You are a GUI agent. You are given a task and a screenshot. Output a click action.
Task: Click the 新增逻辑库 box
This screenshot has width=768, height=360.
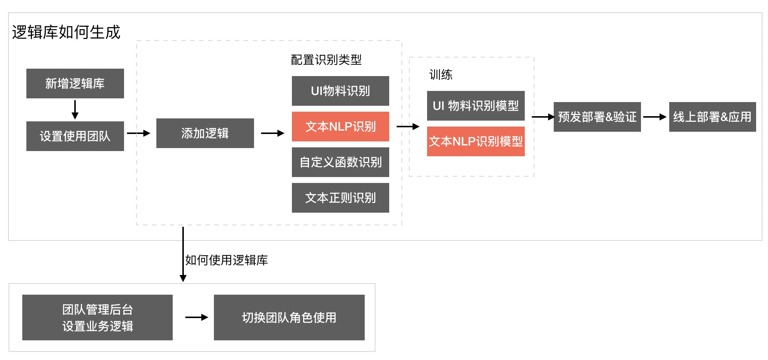tap(75, 84)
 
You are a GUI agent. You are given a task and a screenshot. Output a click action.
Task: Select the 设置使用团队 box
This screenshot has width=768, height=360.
tap(75, 136)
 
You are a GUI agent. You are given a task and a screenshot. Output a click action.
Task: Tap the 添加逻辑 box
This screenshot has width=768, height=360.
tap(205, 133)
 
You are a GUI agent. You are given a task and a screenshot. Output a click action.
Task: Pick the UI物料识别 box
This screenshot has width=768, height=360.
tap(340, 91)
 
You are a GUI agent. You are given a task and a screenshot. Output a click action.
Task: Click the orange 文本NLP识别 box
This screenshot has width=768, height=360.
tap(340, 127)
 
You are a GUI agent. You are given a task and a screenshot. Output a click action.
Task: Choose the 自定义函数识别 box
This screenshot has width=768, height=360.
tap(340, 162)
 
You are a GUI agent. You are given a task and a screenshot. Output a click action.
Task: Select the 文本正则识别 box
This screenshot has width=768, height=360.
tap(340, 198)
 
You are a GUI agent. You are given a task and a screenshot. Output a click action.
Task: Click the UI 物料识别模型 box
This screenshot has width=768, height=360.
tap(476, 106)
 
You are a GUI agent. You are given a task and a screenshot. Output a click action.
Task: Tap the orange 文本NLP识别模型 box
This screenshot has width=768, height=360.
tap(476, 141)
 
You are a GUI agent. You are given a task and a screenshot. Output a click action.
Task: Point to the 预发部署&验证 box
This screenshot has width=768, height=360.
tap(597, 117)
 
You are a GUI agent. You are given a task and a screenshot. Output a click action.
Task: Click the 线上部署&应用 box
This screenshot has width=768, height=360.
tap(712, 117)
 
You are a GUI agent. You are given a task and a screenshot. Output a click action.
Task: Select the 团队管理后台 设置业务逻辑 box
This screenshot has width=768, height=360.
tap(97, 318)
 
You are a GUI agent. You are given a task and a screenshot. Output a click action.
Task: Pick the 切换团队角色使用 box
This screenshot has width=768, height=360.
tap(289, 318)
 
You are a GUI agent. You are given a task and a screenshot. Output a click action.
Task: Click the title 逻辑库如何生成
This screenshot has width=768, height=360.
tap(66, 32)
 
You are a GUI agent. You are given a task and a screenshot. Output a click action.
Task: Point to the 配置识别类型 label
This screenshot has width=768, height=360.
tap(326, 60)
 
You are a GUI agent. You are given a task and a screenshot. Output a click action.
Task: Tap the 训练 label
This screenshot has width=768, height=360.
tap(441, 75)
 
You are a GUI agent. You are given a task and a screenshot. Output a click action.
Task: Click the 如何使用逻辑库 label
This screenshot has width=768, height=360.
tap(227, 260)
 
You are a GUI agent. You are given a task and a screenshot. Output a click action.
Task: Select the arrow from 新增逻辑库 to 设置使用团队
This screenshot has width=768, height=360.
tap(75, 110)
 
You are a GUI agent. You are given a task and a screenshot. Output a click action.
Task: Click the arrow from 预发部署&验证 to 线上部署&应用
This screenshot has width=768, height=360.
tap(655, 117)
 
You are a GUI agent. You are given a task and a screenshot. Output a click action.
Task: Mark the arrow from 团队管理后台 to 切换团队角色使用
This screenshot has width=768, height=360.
tap(196, 317)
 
